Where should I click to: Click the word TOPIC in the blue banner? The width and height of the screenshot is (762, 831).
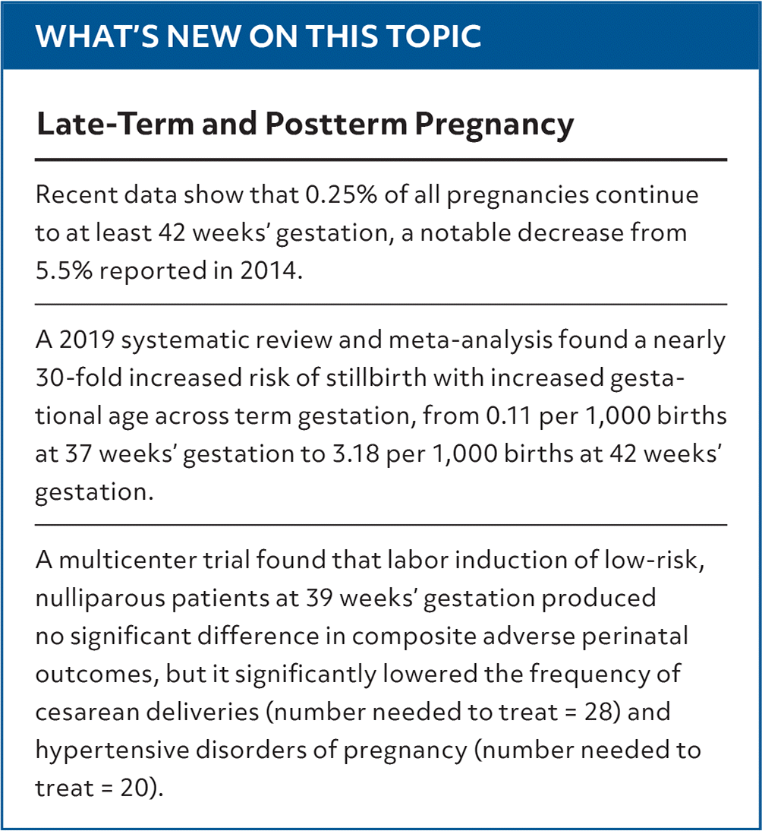(x=433, y=36)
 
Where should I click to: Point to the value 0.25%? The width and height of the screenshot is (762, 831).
(x=342, y=194)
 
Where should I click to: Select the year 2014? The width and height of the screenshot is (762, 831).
(x=268, y=270)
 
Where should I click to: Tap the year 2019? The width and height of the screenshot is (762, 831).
(x=87, y=340)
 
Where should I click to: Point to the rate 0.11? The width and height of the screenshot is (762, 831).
(x=509, y=416)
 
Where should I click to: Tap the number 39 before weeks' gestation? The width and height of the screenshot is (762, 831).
(x=320, y=599)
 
